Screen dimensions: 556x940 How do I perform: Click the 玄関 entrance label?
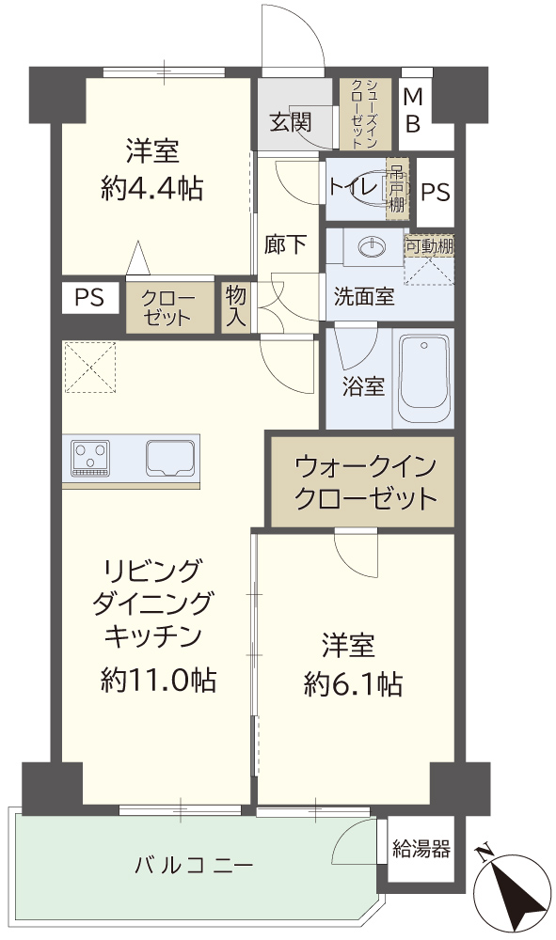click(x=291, y=122)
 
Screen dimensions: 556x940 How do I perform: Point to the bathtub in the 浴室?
click(x=424, y=379)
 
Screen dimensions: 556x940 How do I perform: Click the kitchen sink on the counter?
click(x=170, y=458)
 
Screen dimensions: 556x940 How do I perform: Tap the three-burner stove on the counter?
click(x=90, y=458)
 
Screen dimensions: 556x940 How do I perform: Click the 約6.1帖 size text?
click(x=353, y=684)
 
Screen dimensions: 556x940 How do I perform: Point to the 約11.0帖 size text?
click(x=158, y=680)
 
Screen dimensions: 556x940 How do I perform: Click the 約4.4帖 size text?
click(x=152, y=189)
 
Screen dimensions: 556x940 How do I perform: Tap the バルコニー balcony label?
click(x=194, y=865)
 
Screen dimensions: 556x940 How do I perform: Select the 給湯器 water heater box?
click(x=421, y=849)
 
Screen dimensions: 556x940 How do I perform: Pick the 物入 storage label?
click(x=236, y=305)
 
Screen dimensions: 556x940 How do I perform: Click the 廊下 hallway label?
click(x=285, y=244)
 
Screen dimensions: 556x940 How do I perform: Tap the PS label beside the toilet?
click(x=436, y=193)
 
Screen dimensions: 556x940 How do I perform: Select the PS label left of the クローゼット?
click(x=89, y=297)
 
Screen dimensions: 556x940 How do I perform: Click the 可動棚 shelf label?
click(x=430, y=245)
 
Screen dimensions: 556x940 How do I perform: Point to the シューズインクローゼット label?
click(x=363, y=114)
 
